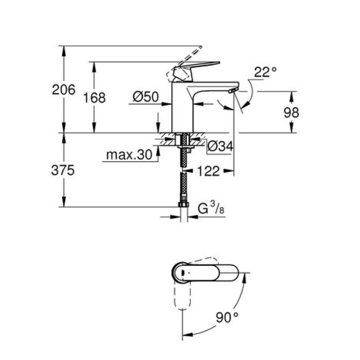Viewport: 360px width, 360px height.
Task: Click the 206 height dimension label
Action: pos(63,90)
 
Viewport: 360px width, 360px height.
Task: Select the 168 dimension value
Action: pos(94,98)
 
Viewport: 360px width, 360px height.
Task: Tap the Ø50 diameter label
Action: pos(146,97)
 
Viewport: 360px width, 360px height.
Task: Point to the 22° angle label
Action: pos(265,72)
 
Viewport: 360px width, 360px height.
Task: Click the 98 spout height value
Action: pos(291,112)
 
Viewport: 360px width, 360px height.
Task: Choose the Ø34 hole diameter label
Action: pos(220,146)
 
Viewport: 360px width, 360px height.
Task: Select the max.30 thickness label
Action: pos(129,155)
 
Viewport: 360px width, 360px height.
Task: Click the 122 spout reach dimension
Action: pos(208,171)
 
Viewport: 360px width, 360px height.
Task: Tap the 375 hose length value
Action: pos(63,171)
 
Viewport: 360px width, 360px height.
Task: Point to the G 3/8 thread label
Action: pos(211,208)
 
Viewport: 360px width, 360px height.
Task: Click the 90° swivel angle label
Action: pos(227,318)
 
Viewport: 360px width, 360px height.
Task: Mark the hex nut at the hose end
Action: pos(183,204)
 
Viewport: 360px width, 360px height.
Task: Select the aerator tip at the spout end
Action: pos(232,91)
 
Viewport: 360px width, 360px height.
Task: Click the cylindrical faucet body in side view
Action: pos(183,107)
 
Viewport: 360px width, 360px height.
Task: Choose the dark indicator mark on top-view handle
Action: pos(183,273)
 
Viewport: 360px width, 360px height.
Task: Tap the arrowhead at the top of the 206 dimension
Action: pos(64,50)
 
